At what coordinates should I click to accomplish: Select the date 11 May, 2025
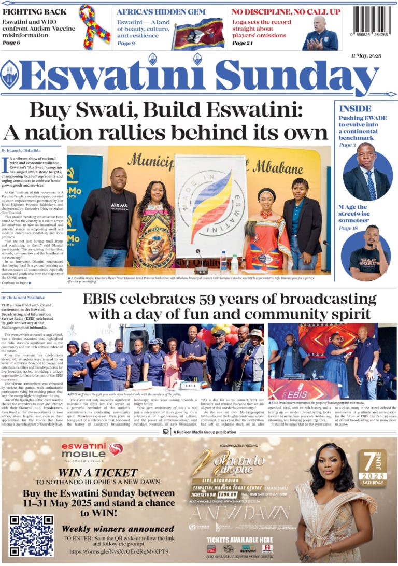click(x=367, y=55)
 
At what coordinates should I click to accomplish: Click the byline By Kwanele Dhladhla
click(x=21, y=150)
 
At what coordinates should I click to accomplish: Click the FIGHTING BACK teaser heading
click(x=35, y=11)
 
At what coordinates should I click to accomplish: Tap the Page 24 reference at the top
click(x=243, y=43)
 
